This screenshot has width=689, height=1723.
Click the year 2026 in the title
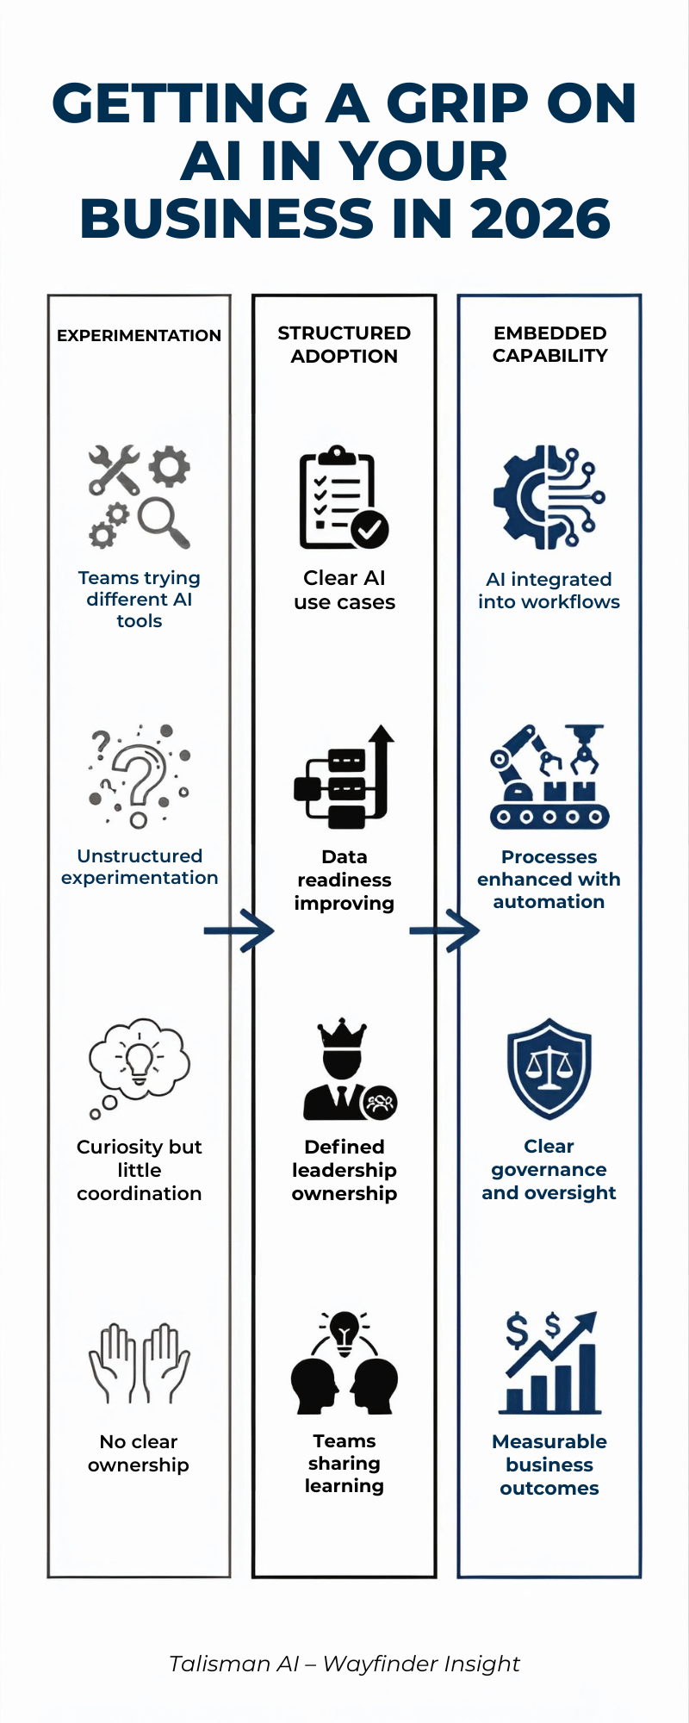coord(541,219)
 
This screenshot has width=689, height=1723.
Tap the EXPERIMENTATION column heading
coord(139,335)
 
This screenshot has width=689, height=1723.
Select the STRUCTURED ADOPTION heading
coord(344,344)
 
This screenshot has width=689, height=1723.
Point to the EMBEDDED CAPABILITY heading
coord(549,344)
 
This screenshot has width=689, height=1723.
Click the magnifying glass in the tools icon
coord(164,522)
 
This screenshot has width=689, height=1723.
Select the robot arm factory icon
coord(549,776)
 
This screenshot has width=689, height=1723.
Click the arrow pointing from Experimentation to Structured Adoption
coord(239,930)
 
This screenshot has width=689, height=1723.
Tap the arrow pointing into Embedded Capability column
coord(444,930)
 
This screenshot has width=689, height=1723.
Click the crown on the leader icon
coord(342,1032)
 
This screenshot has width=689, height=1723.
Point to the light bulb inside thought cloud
coord(139,1058)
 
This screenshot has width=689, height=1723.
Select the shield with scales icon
coord(549,1068)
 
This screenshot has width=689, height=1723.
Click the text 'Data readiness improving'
coord(344,880)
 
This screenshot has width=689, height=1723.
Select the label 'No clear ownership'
coord(139,1453)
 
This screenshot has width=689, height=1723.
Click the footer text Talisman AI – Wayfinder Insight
coord(344,1664)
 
